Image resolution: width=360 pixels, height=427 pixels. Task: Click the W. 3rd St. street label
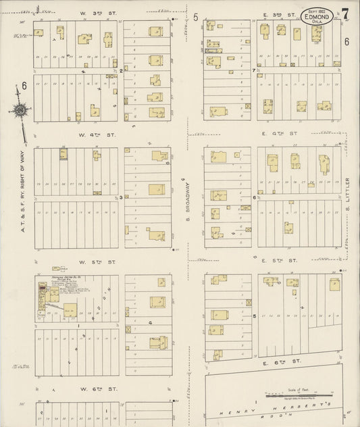point(91,13)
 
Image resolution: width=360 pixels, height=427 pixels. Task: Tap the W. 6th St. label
point(91,389)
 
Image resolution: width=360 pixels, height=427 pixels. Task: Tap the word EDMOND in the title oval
point(315,18)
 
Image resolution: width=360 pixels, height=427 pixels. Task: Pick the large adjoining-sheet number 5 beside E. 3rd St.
point(195,17)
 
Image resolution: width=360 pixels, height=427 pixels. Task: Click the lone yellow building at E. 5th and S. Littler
point(335,284)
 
